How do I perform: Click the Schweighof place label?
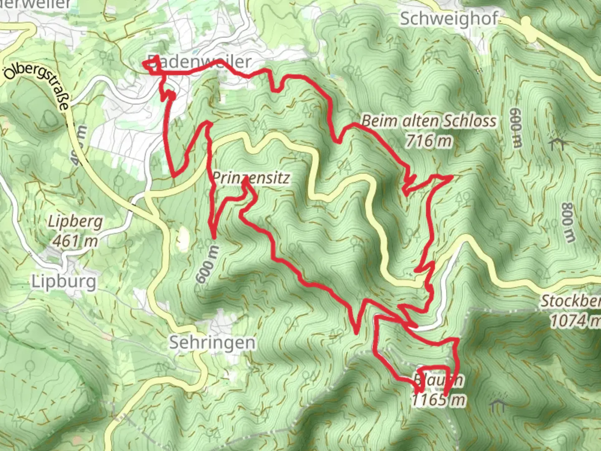(449, 19)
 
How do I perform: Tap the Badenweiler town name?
(199, 62)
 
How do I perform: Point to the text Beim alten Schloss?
(429, 121)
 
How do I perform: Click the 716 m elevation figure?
(429, 141)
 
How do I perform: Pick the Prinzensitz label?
(251, 178)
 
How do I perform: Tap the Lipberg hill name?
(75, 221)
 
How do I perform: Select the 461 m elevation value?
(76, 241)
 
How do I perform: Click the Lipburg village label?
(64, 281)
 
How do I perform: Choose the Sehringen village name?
(212, 342)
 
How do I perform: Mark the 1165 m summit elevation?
(438, 400)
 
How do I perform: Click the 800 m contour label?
(568, 223)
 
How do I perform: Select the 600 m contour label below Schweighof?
(516, 128)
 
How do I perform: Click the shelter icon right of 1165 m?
(498, 405)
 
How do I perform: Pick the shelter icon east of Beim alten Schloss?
(558, 143)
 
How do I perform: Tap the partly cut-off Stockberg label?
(571, 301)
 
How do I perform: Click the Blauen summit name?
(438, 380)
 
